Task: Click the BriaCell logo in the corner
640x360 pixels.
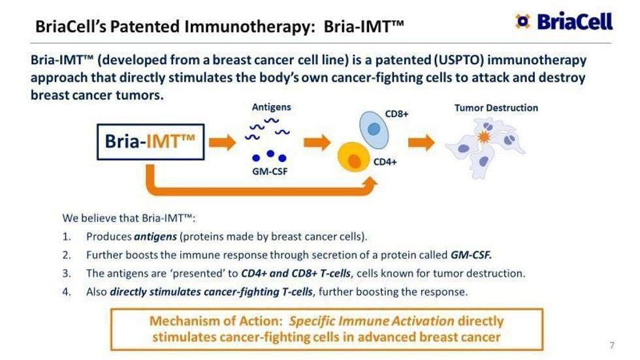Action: [x=564, y=21]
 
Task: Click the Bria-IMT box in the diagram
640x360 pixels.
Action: [x=150, y=142]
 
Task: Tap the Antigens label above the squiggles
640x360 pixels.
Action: [x=271, y=106]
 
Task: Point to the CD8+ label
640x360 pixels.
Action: [x=396, y=114]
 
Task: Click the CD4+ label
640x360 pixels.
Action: [x=385, y=161]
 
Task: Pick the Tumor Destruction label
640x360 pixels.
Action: [x=496, y=108]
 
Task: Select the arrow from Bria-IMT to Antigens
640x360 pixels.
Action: [x=223, y=142]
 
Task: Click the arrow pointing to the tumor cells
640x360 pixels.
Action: [x=421, y=142]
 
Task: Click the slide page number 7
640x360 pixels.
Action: [x=612, y=345]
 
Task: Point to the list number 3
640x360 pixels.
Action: [x=67, y=273]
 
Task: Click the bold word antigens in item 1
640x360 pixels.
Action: [x=155, y=236]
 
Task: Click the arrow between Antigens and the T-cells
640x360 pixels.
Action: [x=317, y=142]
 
